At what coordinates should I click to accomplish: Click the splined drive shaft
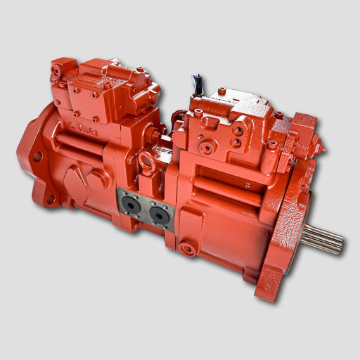click(x=324, y=238)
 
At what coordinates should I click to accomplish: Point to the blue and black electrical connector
click(x=199, y=86)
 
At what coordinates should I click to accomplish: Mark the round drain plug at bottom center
click(x=187, y=248)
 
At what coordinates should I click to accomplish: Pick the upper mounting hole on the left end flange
click(x=37, y=156)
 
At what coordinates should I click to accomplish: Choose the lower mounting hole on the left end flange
click(x=51, y=200)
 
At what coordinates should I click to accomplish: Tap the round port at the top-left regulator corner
click(x=56, y=70)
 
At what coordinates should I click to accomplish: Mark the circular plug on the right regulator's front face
click(x=207, y=148)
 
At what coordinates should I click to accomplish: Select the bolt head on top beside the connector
click(x=221, y=91)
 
